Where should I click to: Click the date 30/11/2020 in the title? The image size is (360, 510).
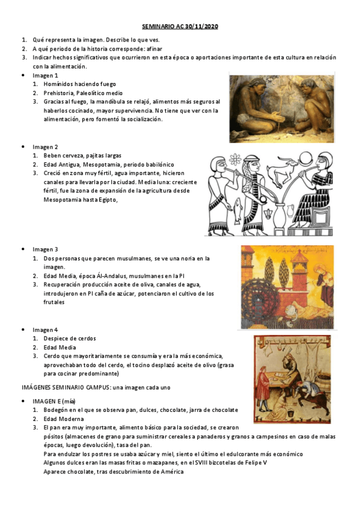[x=203, y=27]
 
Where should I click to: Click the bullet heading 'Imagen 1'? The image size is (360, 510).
[x=45, y=76]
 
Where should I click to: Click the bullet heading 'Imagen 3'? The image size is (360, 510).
[x=45, y=249]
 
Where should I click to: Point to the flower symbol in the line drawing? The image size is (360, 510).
[x=235, y=159]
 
